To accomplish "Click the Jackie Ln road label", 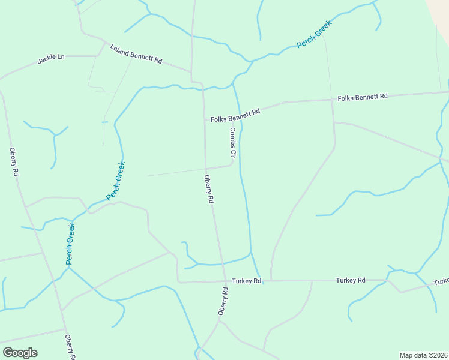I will (51, 59).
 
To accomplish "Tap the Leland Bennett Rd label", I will (136, 53).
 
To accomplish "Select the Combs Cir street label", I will (232, 142).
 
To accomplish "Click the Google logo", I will (20, 353).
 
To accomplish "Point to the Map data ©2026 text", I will (423, 355).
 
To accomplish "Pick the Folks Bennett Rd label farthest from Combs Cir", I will (363, 97).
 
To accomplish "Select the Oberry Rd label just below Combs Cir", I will (209, 189).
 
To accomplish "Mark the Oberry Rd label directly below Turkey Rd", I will (223, 301).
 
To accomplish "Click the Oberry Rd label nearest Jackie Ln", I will (14, 161).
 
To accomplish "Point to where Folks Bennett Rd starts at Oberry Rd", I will (205, 119).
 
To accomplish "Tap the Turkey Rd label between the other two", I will (351, 280).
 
